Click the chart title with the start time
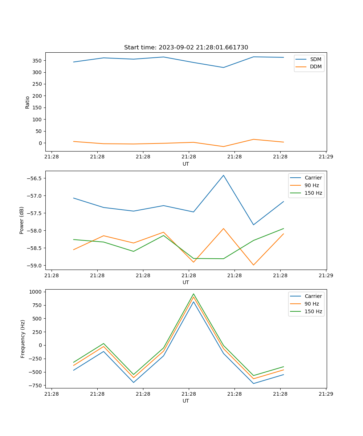coord(186,48)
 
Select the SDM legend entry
coord(315,59)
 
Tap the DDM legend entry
coord(315,66)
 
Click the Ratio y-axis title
coord(28,102)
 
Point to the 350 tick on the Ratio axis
coord(38,61)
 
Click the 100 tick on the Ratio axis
coord(38,120)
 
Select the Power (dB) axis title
coord(22,220)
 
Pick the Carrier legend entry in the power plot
coord(313,178)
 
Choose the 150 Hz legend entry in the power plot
coord(313,193)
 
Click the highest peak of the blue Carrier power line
coord(224,175)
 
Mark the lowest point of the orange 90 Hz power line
coord(253,265)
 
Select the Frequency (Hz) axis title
coord(23,339)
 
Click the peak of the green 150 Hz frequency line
coord(193,294)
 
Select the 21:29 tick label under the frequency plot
coord(326,393)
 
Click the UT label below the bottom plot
coord(186,401)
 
